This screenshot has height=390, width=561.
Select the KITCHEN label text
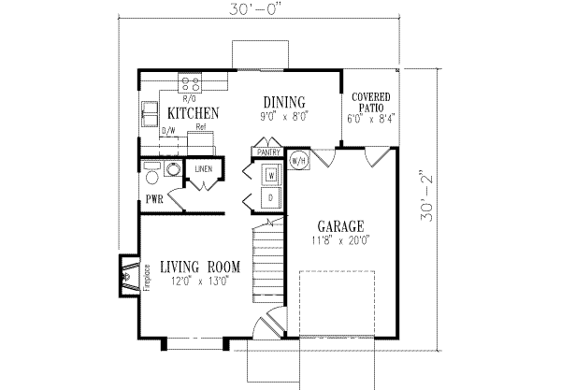point(193,113)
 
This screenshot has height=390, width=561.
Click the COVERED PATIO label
point(370,102)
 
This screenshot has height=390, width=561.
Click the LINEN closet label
point(204,169)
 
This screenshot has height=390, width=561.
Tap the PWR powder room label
point(154,200)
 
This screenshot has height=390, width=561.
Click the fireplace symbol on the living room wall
point(128,276)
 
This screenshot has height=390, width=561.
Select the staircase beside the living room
point(268,261)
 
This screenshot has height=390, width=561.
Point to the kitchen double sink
point(150,114)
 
